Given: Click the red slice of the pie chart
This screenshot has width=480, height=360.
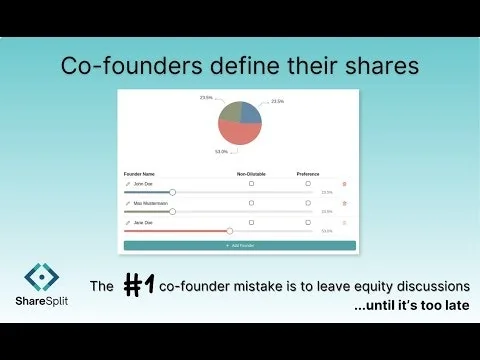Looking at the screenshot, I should click(x=238, y=134).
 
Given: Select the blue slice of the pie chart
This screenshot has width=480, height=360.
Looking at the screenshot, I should click(x=251, y=112).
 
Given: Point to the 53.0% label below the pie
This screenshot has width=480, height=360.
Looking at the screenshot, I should click(x=220, y=152).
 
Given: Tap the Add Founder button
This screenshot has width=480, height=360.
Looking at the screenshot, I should click(x=240, y=245).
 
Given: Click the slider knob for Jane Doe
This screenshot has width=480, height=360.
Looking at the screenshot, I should click(x=230, y=230).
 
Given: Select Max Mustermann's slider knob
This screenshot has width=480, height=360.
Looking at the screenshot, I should click(x=173, y=211).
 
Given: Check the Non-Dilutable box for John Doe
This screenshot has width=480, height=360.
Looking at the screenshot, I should click(x=251, y=184).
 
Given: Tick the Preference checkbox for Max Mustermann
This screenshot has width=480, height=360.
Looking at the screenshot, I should click(x=308, y=203).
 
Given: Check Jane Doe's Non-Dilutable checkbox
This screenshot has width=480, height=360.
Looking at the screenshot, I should click(x=251, y=222).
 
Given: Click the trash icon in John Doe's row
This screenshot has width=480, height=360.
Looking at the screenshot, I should click(x=345, y=184).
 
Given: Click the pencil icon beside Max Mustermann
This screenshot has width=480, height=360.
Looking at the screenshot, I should click(x=127, y=203).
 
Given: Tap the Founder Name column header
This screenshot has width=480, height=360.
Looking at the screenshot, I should click(x=140, y=174).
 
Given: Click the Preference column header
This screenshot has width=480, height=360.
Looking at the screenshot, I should click(x=308, y=174).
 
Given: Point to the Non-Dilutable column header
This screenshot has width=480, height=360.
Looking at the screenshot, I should click(x=251, y=174).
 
